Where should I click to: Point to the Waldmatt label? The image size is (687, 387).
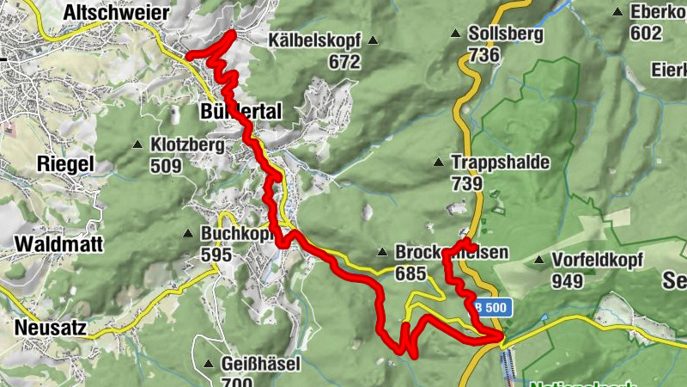58,244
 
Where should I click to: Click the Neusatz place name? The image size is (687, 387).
57,327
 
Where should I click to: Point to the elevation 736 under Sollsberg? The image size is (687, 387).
484,55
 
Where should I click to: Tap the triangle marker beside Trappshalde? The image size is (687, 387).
439,162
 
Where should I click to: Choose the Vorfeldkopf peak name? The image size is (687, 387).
598,260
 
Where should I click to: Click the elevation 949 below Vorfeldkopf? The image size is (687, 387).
568,280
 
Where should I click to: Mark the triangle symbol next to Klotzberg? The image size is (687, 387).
137,144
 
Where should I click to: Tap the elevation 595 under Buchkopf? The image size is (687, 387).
216,255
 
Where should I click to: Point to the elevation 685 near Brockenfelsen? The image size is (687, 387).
411,274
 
